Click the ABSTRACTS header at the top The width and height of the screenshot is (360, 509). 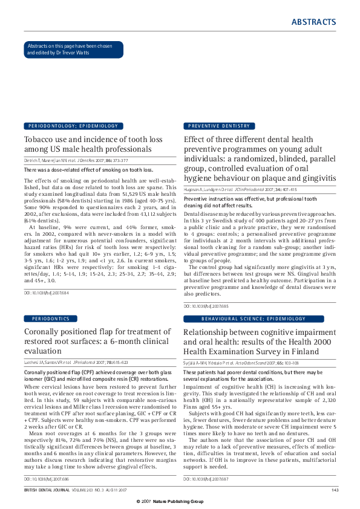313,22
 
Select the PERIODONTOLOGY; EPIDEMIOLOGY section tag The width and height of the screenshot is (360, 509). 73,126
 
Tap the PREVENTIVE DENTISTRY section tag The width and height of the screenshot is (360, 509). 219,126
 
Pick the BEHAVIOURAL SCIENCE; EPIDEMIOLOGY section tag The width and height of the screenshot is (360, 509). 245,318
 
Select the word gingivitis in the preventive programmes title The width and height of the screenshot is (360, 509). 313,178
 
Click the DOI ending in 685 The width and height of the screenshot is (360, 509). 206,306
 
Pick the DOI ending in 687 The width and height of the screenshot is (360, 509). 206,478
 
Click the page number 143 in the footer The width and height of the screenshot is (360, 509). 335,489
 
